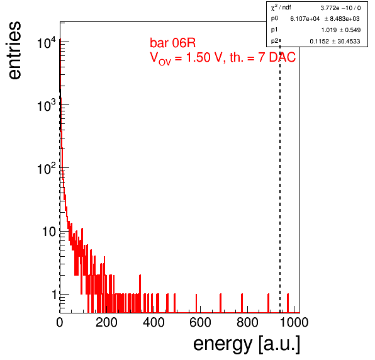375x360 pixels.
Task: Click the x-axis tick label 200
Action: [x=106, y=322]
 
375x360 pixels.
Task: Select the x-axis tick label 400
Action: [x=154, y=322]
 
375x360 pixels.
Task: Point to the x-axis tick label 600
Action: [x=200, y=322]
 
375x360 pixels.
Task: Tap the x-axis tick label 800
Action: [x=247, y=322]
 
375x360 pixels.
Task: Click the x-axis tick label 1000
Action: [x=294, y=322]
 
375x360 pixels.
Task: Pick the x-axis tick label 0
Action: [x=60, y=322]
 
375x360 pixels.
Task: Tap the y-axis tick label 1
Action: [x=55, y=295]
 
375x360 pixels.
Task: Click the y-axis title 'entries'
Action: [x=15, y=50]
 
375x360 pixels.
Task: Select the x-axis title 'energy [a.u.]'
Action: [x=247, y=344]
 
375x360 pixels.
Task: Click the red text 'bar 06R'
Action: [x=172, y=43]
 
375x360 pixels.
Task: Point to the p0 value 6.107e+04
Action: [x=305, y=19]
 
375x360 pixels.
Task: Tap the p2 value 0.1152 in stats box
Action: [x=319, y=41]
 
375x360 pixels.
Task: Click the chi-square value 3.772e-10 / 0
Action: [x=340, y=8]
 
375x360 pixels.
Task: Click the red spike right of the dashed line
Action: [x=288, y=303]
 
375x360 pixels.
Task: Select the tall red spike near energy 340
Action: [x=140, y=294]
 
